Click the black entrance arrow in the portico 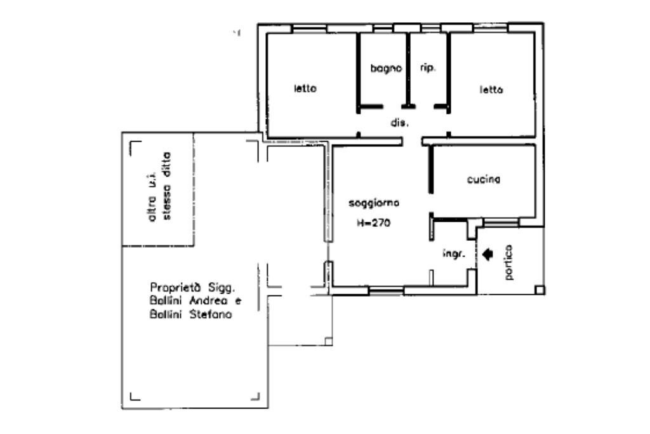tap(488, 254)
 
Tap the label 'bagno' tap(386, 69)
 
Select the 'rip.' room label tap(428, 67)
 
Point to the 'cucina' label tap(483, 179)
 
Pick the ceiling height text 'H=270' tap(373, 223)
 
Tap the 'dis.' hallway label tap(400, 123)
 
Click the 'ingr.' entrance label tap(453, 254)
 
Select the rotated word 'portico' tap(509, 262)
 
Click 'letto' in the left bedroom tap(305, 88)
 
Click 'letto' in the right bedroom tap(491, 90)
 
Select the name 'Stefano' tap(211, 315)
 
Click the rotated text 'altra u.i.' tap(152, 197)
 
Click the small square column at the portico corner tap(540, 290)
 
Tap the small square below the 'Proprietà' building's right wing tap(328, 341)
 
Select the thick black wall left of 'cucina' tap(431, 169)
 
